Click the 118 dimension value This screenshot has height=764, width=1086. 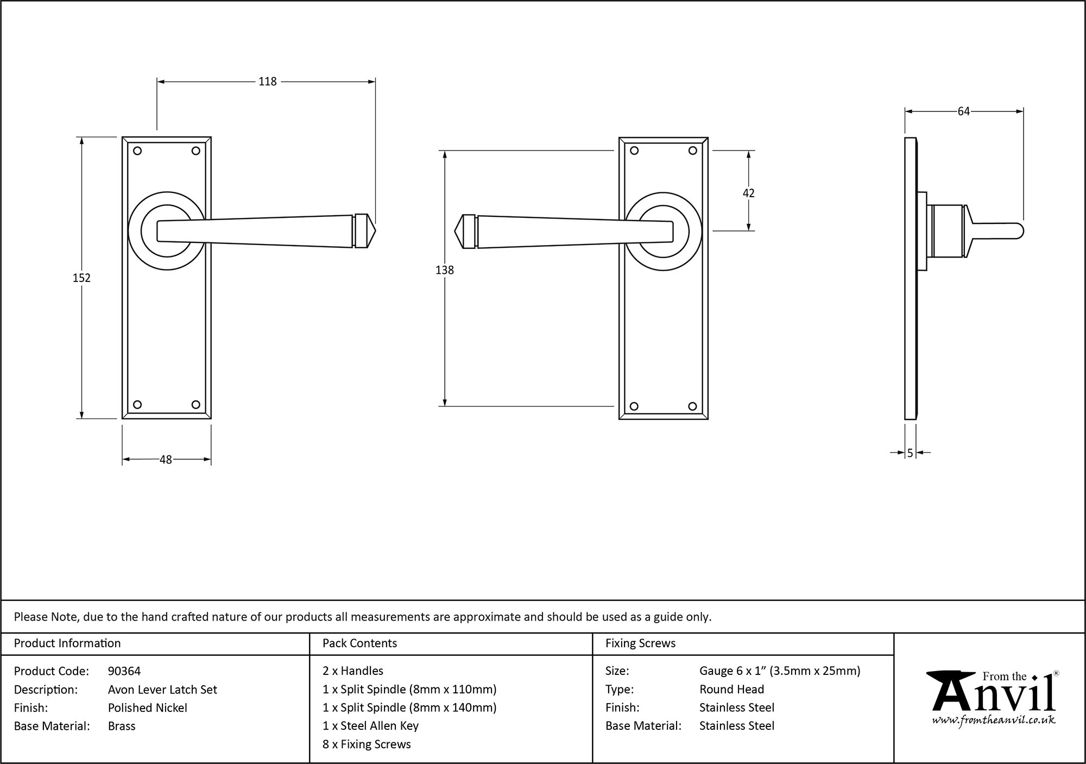click(267, 82)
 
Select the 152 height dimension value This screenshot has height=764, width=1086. click(81, 278)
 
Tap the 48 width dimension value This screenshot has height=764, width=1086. click(166, 460)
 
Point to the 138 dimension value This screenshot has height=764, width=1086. click(444, 270)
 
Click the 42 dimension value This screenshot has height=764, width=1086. click(748, 193)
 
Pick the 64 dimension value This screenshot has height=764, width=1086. click(963, 111)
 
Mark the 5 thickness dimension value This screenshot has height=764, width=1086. click(910, 453)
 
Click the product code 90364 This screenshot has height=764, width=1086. click(124, 671)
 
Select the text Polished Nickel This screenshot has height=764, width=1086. click(147, 707)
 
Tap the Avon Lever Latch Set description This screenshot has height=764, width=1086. click(162, 690)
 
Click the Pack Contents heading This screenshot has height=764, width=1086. click(359, 643)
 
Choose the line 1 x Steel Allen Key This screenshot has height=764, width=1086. click(370, 726)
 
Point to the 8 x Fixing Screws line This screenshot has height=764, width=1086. click(367, 744)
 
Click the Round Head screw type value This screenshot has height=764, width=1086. click(731, 690)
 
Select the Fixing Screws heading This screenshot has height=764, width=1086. click(640, 643)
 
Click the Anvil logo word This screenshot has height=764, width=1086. click(994, 696)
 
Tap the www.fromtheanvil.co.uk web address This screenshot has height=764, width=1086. click(994, 721)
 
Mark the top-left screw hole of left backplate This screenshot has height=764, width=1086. click(137, 151)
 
